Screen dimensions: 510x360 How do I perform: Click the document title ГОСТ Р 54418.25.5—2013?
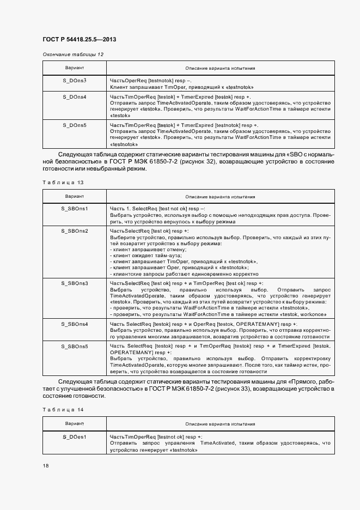79,39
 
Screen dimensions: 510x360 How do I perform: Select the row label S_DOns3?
75,80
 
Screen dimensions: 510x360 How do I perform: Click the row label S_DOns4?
75,97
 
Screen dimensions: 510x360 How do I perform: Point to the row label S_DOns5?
75,125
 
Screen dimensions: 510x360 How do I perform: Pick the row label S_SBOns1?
75,209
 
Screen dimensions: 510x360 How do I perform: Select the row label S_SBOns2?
75,231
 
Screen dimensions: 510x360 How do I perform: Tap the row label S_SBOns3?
75,283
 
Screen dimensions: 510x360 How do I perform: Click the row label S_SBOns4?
75,324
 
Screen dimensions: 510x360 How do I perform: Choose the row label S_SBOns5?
75,346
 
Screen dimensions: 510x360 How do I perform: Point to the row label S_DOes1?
75,436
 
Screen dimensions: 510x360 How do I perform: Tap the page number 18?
46,466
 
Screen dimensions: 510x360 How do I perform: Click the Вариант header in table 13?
75,196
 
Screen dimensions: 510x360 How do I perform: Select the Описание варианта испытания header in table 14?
220,423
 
